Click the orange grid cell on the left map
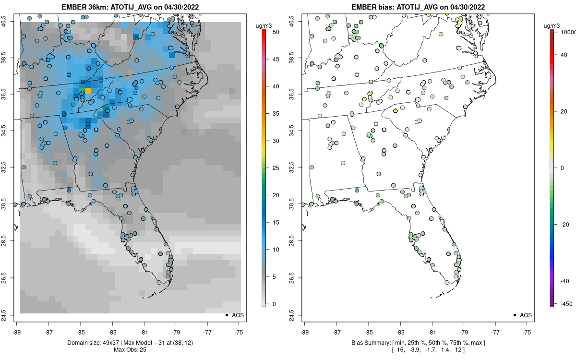click(88, 90)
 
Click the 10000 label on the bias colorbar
click(568, 32)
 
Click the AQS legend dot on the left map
click(226, 315)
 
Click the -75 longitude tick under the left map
click(240, 332)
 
